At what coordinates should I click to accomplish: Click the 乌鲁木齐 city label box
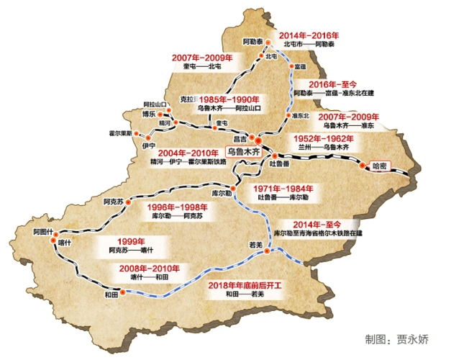click(x=242, y=152)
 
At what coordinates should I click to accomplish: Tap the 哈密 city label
click(x=380, y=166)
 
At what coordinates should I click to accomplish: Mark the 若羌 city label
click(x=257, y=246)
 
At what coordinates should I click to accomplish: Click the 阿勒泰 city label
click(x=254, y=43)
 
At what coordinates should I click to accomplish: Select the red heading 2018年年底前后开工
click(x=243, y=286)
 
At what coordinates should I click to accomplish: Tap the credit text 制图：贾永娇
click(x=397, y=338)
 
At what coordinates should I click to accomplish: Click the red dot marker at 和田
click(x=123, y=293)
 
